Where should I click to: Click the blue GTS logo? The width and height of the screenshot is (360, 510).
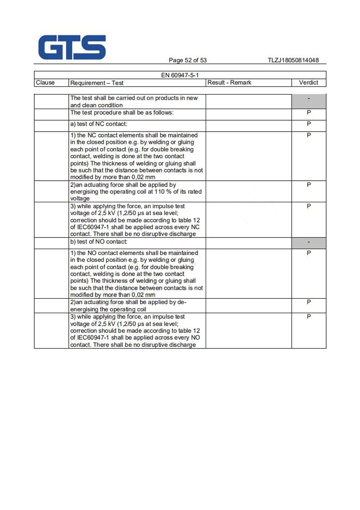pos(72,48)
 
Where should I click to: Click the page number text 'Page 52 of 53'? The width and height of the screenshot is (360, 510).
pos(188,60)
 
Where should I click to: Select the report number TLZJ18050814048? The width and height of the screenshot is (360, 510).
pos(293,60)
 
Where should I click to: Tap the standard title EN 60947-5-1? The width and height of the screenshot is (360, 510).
pos(180,75)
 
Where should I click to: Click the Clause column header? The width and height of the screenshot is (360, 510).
pos(45,82)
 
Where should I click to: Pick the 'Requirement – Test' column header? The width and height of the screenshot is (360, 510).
pos(97,83)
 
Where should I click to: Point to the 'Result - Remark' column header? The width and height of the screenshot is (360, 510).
pos(229,82)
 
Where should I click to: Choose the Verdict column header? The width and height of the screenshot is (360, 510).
pos(309,82)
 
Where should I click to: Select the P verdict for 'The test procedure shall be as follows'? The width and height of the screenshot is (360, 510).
pos(309,113)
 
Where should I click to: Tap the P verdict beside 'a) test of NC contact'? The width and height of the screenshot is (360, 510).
pos(309,123)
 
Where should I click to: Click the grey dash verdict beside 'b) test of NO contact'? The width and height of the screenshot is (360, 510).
pos(309,242)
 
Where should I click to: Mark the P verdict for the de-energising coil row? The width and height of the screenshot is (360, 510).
pos(309,302)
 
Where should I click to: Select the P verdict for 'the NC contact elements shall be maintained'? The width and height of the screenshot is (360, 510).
pos(309,135)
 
